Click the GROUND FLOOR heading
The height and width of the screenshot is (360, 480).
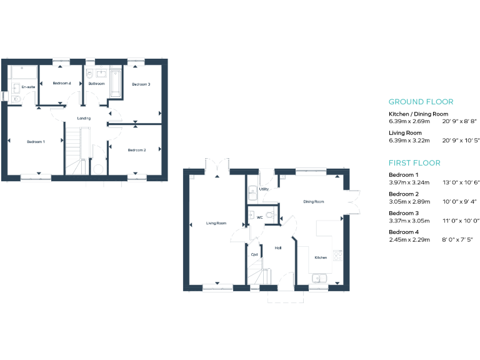tap(421, 102)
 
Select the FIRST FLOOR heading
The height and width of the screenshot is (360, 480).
tap(414, 163)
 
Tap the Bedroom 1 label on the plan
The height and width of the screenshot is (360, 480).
tap(36, 142)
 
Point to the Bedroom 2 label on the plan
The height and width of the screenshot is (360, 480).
tap(137, 150)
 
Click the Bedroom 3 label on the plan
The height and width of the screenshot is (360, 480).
tap(141, 84)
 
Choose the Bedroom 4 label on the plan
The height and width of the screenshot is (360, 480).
tap(62, 83)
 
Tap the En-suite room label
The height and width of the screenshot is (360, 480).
tap(28, 87)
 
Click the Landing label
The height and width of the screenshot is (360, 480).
tap(84, 117)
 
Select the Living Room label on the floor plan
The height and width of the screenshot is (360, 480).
tap(216, 223)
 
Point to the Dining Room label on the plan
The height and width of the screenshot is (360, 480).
tap(314, 202)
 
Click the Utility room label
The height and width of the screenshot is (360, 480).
tap(264, 188)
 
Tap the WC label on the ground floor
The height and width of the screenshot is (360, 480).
tap(259, 217)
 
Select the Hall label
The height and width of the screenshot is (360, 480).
tap(278, 248)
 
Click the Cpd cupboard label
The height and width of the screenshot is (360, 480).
tap(254, 254)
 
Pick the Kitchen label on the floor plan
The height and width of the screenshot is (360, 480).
tap(321, 257)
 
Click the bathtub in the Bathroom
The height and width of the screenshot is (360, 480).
tap(116, 84)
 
